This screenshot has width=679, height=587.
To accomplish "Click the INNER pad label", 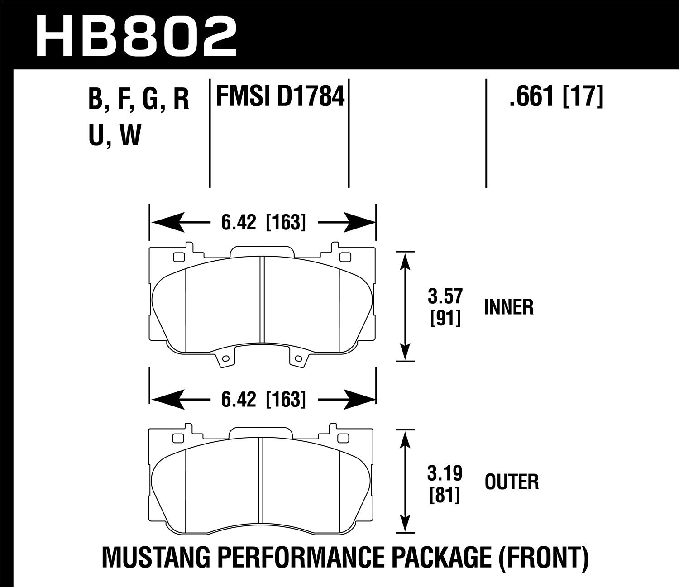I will point(509,307).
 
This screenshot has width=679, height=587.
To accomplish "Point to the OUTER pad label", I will point(512,482).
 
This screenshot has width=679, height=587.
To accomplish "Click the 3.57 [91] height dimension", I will point(445,307).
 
